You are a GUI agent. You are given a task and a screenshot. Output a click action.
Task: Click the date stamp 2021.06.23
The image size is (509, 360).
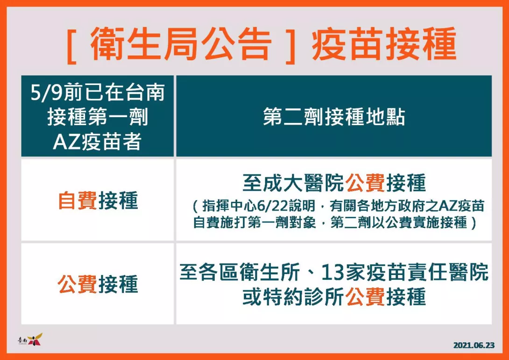pyautogui.click(x=474, y=345)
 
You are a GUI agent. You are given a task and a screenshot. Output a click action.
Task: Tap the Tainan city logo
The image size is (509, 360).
pyautogui.click(x=30, y=339)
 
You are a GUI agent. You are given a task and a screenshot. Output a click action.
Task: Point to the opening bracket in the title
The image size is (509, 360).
pyautogui.click(x=71, y=45)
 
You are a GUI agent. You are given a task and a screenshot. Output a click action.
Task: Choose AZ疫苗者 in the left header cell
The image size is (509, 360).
pyautogui.click(x=98, y=142)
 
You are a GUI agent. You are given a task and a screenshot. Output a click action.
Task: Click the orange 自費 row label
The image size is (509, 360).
pyautogui.click(x=78, y=200)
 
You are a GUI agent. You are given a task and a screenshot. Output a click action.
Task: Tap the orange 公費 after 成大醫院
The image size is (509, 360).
pyautogui.click(x=365, y=183)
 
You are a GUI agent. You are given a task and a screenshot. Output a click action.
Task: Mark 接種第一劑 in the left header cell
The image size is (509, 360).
pyautogui.click(x=98, y=117)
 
